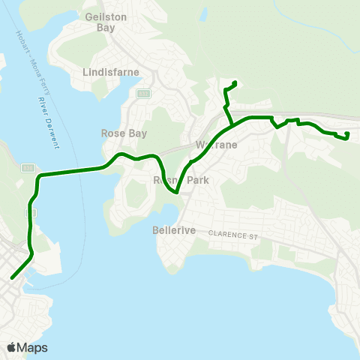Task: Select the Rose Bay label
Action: pyautogui.click(x=124, y=133)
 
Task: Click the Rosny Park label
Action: pyautogui.click(x=180, y=180)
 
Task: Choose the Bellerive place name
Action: pyautogui.click(x=174, y=231)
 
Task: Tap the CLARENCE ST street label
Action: pyautogui.click(x=232, y=235)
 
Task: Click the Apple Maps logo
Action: pyautogui.click(x=27, y=347)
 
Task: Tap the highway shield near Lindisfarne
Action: pyautogui.click(x=143, y=94)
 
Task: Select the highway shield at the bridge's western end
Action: pyautogui.click(x=28, y=168)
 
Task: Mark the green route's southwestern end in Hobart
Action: pyautogui.click(x=12, y=278)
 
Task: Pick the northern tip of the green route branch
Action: pyautogui.click(x=235, y=82)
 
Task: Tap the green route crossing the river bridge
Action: pyautogui.click(x=71, y=172)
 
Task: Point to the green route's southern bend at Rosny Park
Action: pyautogui.click(x=175, y=192)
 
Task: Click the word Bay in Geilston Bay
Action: pyautogui.click(x=105, y=28)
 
